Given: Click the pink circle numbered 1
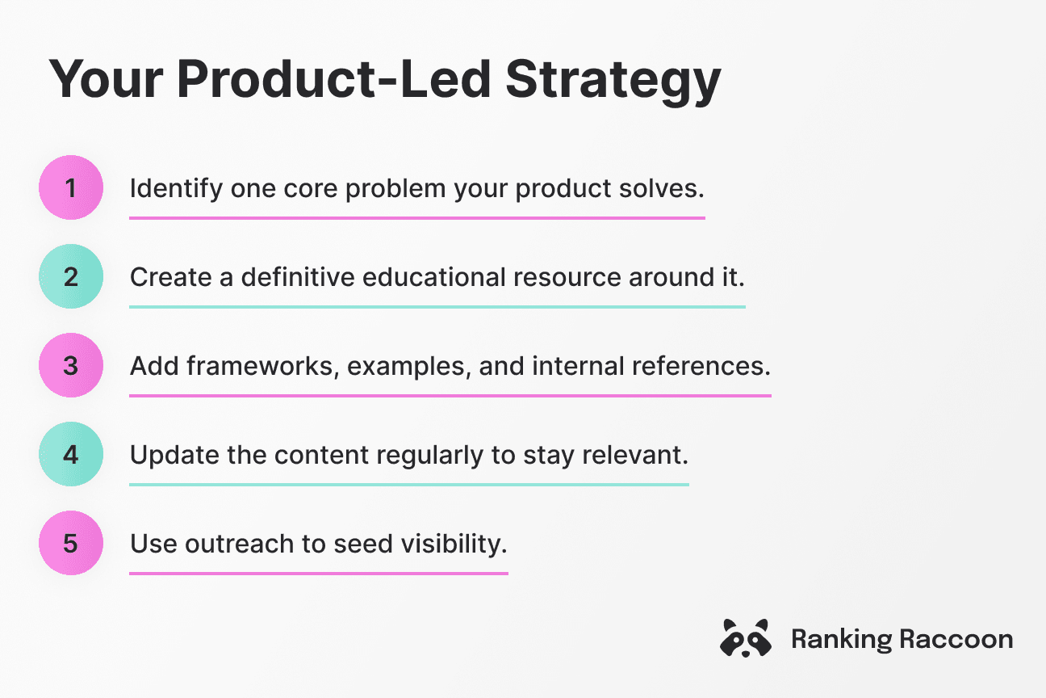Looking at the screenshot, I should tap(71, 188).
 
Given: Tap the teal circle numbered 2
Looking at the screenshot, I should tap(71, 277).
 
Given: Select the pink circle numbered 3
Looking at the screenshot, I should tap(71, 366).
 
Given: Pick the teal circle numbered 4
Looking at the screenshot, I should tap(71, 455).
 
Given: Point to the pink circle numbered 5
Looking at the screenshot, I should tap(71, 544).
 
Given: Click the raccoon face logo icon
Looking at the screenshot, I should tap(744, 639).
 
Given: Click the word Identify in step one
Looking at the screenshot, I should tap(175, 189).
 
